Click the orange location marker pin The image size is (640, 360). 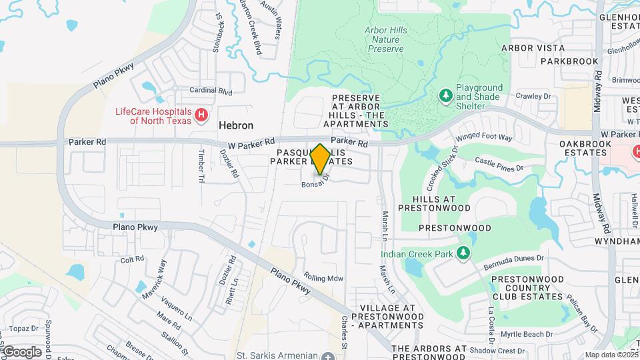coord(320,159)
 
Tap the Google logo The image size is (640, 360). coord(21,351)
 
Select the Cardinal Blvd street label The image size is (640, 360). coord(211,90)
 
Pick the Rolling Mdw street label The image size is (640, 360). coord(323,277)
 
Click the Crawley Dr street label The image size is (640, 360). coord(535,96)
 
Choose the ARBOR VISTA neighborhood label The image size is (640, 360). coord(533,48)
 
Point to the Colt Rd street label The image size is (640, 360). coord(133,259)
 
